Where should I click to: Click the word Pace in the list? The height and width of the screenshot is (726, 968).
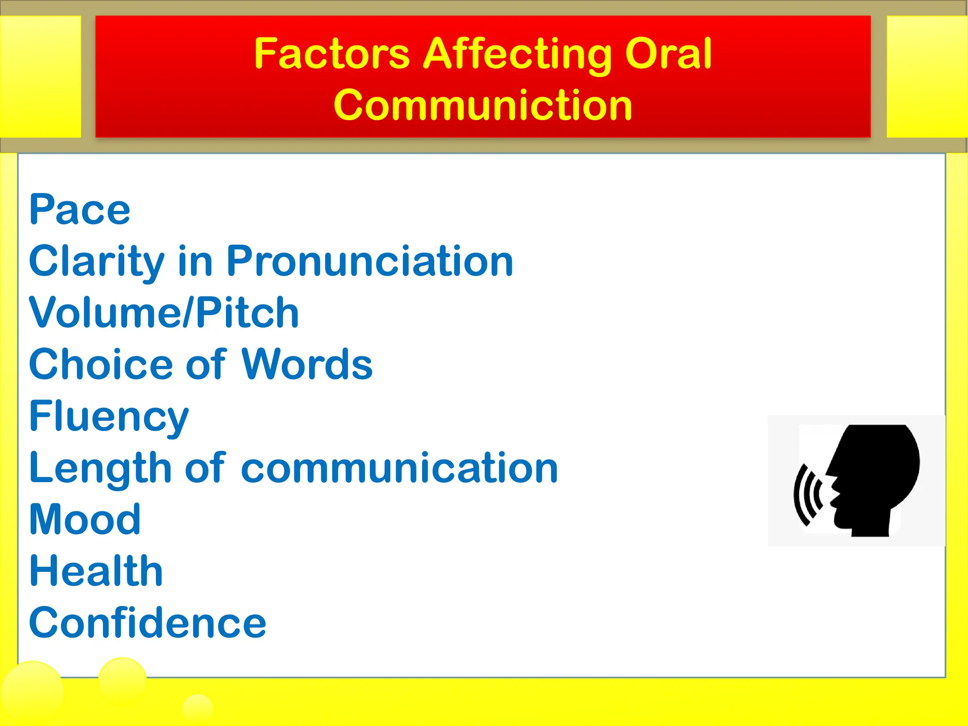79,210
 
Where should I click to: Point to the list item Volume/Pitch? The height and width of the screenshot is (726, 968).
164,313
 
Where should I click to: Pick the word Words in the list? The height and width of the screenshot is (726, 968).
307,364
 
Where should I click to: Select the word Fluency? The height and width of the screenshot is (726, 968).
109,417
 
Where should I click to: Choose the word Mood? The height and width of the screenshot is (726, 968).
85,519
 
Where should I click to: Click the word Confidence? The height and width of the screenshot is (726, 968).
147,623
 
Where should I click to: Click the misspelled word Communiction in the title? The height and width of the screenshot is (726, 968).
483,105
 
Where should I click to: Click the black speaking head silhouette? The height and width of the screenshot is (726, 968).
874,477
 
